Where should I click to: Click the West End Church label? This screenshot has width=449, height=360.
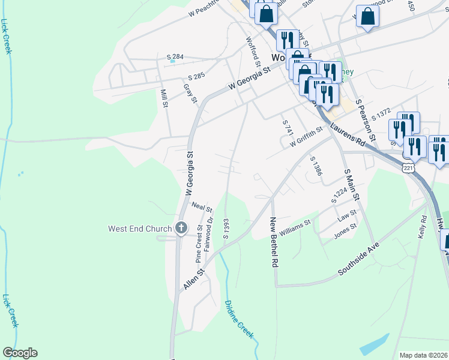point(140,229)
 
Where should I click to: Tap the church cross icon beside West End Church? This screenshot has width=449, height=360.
point(181,228)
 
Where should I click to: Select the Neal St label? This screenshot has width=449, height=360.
point(202,207)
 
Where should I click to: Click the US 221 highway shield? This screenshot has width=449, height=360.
point(409,166)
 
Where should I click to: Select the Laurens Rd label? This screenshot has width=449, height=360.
point(347,136)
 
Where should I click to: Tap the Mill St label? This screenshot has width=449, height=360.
point(164,98)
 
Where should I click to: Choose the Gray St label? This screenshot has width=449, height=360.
point(191,93)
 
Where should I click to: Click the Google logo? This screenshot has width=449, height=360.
point(20,353)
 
